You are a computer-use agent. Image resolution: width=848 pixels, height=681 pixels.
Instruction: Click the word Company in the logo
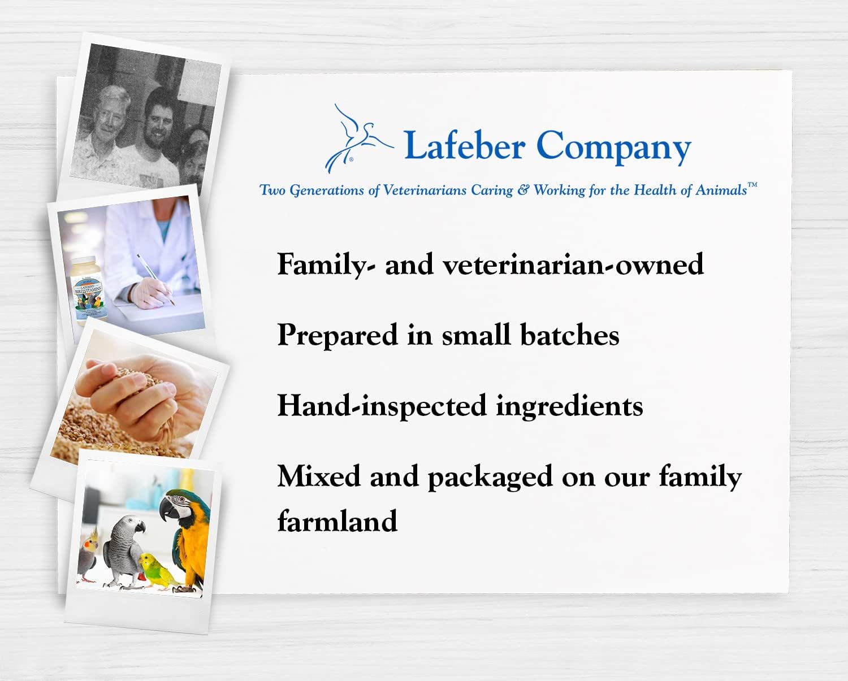click(x=613, y=148)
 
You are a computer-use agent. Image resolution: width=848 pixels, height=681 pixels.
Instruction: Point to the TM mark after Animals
click(x=752, y=185)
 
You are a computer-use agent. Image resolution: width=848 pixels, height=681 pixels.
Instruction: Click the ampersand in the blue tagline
click(x=523, y=190)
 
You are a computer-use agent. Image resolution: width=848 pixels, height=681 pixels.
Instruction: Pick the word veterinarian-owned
click(x=573, y=264)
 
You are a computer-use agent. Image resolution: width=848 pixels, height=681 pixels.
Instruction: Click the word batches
click(x=570, y=335)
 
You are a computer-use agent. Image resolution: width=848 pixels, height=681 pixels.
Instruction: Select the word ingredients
click(x=569, y=407)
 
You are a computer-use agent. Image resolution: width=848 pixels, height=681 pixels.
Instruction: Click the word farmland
click(x=337, y=520)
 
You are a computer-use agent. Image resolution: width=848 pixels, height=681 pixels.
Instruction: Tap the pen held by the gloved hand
click(x=155, y=279)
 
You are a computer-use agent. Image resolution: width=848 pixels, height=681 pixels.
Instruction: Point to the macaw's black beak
click(x=166, y=508)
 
